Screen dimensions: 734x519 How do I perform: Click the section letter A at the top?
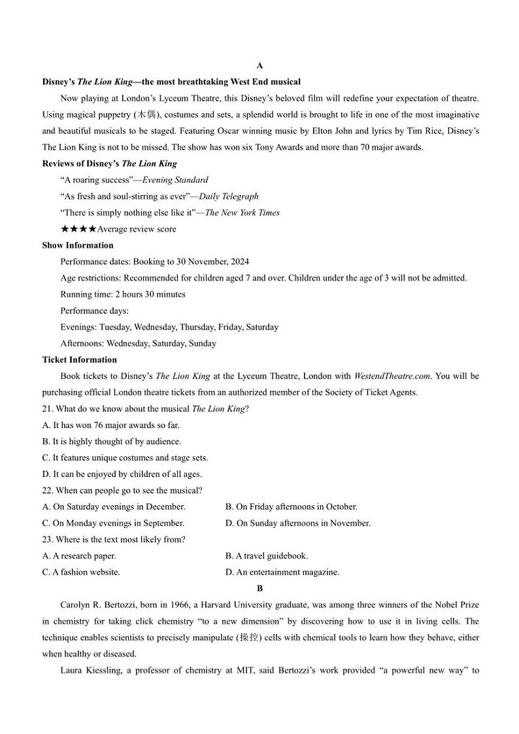[x=259, y=65]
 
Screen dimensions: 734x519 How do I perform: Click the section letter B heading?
[x=259, y=588]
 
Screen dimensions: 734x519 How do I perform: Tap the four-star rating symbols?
[x=78, y=229]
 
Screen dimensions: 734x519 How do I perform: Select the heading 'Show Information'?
[x=78, y=245]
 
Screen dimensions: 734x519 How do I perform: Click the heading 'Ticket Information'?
[x=80, y=359]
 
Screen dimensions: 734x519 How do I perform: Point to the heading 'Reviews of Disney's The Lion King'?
[x=109, y=163]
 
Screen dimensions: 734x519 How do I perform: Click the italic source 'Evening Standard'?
[x=175, y=180]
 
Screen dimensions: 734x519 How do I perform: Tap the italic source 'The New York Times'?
[x=243, y=212]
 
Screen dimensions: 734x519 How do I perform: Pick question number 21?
[x=48, y=409]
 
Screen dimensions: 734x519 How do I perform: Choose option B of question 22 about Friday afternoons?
[x=292, y=507]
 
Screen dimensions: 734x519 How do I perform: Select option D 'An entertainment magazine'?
[x=282, y=572]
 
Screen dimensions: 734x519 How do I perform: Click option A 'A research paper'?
[x=79, y=556]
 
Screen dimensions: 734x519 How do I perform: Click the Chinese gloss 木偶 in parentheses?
[x=146, y=114]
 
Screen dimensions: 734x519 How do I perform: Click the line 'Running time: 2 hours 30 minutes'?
[x=123, y=294]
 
